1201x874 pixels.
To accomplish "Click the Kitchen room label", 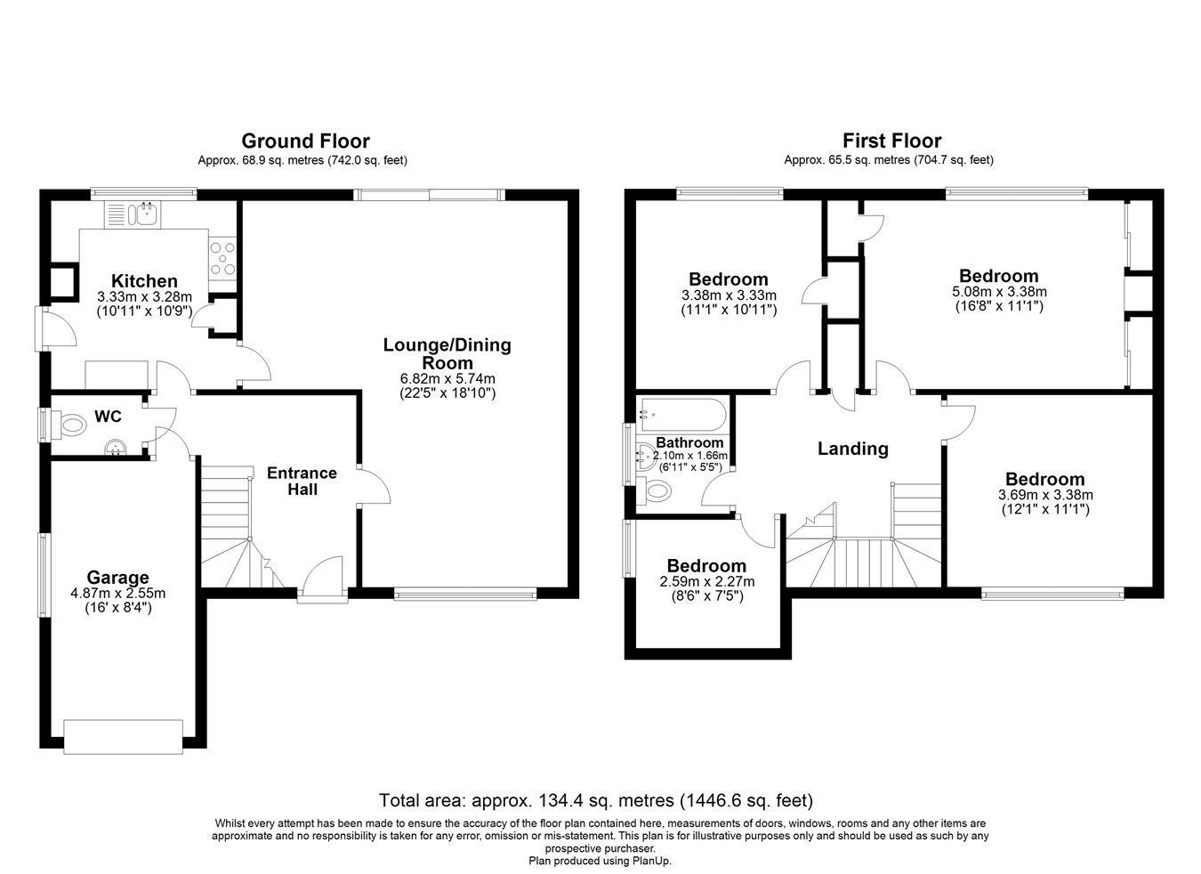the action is [144, 280].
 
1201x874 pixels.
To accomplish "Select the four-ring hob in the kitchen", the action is [222, 259].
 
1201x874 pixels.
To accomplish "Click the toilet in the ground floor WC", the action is [70, 426].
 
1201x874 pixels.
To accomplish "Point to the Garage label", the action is [118, 578].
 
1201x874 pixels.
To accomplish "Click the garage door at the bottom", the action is [124, 737].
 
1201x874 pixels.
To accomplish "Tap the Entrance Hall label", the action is [302, 481].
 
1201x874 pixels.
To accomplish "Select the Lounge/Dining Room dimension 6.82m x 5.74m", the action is [447, 378].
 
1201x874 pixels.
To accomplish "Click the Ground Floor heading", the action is [306, 141].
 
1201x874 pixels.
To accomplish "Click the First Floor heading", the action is [892, 141].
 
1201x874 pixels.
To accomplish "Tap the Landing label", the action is [852, 449].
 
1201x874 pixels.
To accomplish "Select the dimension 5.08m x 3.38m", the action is [999, 292].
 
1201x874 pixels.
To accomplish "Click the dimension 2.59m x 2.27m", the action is [707, 581].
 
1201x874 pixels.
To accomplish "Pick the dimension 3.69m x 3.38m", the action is [1045, 495].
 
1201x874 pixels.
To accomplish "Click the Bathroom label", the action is [689, 442].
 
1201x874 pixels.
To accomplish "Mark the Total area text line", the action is [596, 800].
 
